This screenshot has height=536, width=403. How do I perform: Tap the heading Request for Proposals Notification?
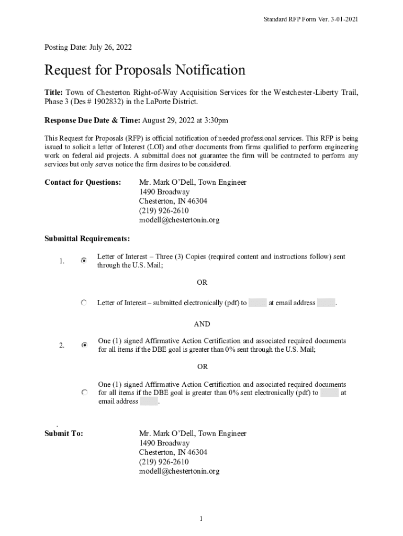click(145, 70)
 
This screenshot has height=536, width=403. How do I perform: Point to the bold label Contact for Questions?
click(83, 183)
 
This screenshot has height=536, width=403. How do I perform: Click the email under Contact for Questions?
click(179, 220)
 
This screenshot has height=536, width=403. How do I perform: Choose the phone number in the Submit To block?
click(164, 462)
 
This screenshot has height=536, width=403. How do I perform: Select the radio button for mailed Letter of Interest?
click(84, 260)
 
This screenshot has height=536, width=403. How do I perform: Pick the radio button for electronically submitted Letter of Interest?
click(84, 303)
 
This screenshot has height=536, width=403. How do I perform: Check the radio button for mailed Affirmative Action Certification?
click(84, 345)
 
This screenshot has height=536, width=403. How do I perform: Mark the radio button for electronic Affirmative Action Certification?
click(84, 392)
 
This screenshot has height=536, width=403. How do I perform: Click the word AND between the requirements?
click(202, 325)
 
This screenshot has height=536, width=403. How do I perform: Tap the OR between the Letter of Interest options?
click(202, 282)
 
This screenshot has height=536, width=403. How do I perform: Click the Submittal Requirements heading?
click(87, 239)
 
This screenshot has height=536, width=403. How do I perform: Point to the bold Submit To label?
click(64, 433)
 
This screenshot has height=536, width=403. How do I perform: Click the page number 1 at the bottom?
click(201, 519)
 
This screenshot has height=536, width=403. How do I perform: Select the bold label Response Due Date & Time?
click(92, 120)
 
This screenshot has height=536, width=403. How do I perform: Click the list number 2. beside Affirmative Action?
click(62, 345)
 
